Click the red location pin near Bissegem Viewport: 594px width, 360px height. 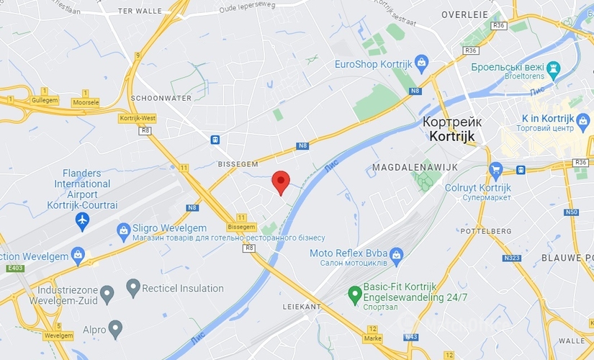click(x=282, y=182)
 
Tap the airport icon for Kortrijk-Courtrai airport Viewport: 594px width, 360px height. click(x=82, y=218)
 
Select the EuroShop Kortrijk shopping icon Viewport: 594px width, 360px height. click(x=422, y=63)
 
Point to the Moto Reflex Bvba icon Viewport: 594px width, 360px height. click(x=396, y=253)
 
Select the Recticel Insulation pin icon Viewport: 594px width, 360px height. click(x=132, y=289)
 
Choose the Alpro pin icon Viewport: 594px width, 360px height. click(x=115, y=329)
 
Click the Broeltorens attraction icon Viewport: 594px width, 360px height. click(x=553, y=70)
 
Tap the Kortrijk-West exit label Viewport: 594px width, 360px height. click(x=138, y=117)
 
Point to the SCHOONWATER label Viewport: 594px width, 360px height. click(x=161, y=98)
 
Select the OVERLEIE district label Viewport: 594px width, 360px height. click(x=464, y=14)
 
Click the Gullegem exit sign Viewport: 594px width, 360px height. click(x=45, y=100)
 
